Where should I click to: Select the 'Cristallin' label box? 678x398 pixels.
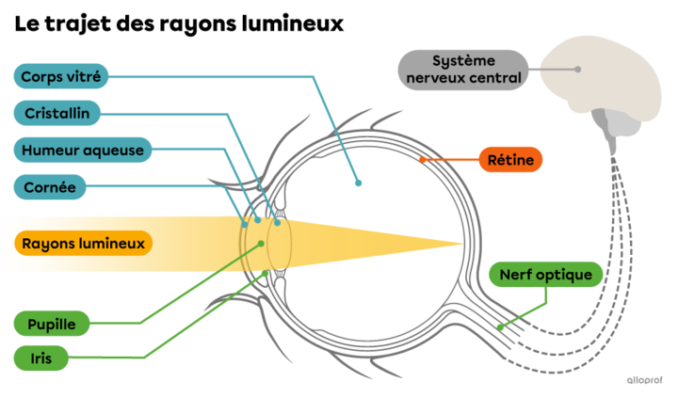point(56,113)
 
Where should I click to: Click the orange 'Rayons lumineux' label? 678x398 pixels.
point(84,244)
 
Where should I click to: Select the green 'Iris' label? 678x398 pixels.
point(40,358)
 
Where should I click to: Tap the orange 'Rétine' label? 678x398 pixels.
point(510,161)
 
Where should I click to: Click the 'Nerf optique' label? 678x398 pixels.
point(546,275)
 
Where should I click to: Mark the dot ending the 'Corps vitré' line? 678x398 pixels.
point(358,183)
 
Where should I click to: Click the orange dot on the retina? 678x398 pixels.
point(422,161)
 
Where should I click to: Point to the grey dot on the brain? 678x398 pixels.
point(578,69)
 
